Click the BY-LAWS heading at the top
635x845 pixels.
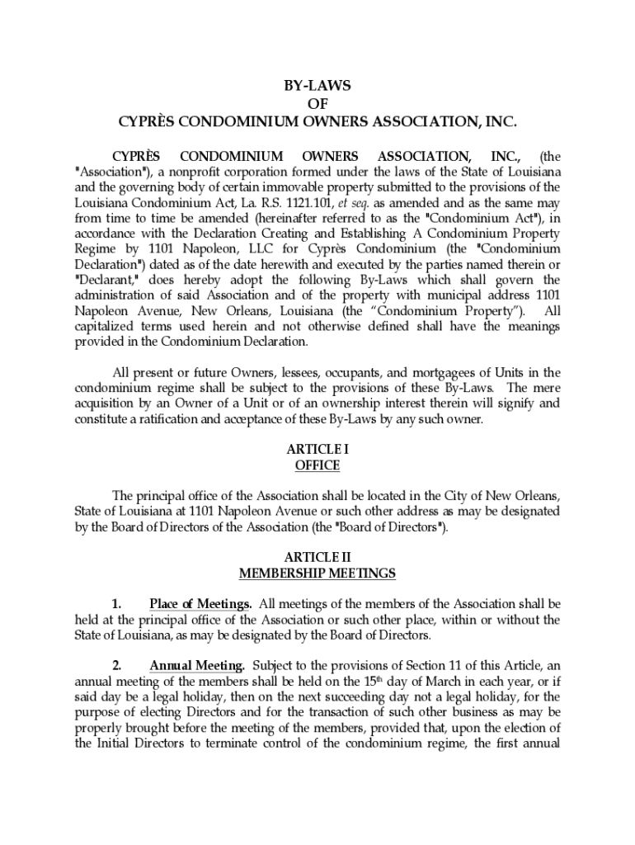[317, 87]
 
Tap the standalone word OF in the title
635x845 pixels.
[317, 104]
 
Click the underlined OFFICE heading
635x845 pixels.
[317, 465]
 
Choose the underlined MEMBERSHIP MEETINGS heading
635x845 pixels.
[317, 573]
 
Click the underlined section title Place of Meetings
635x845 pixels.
[200, 603]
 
